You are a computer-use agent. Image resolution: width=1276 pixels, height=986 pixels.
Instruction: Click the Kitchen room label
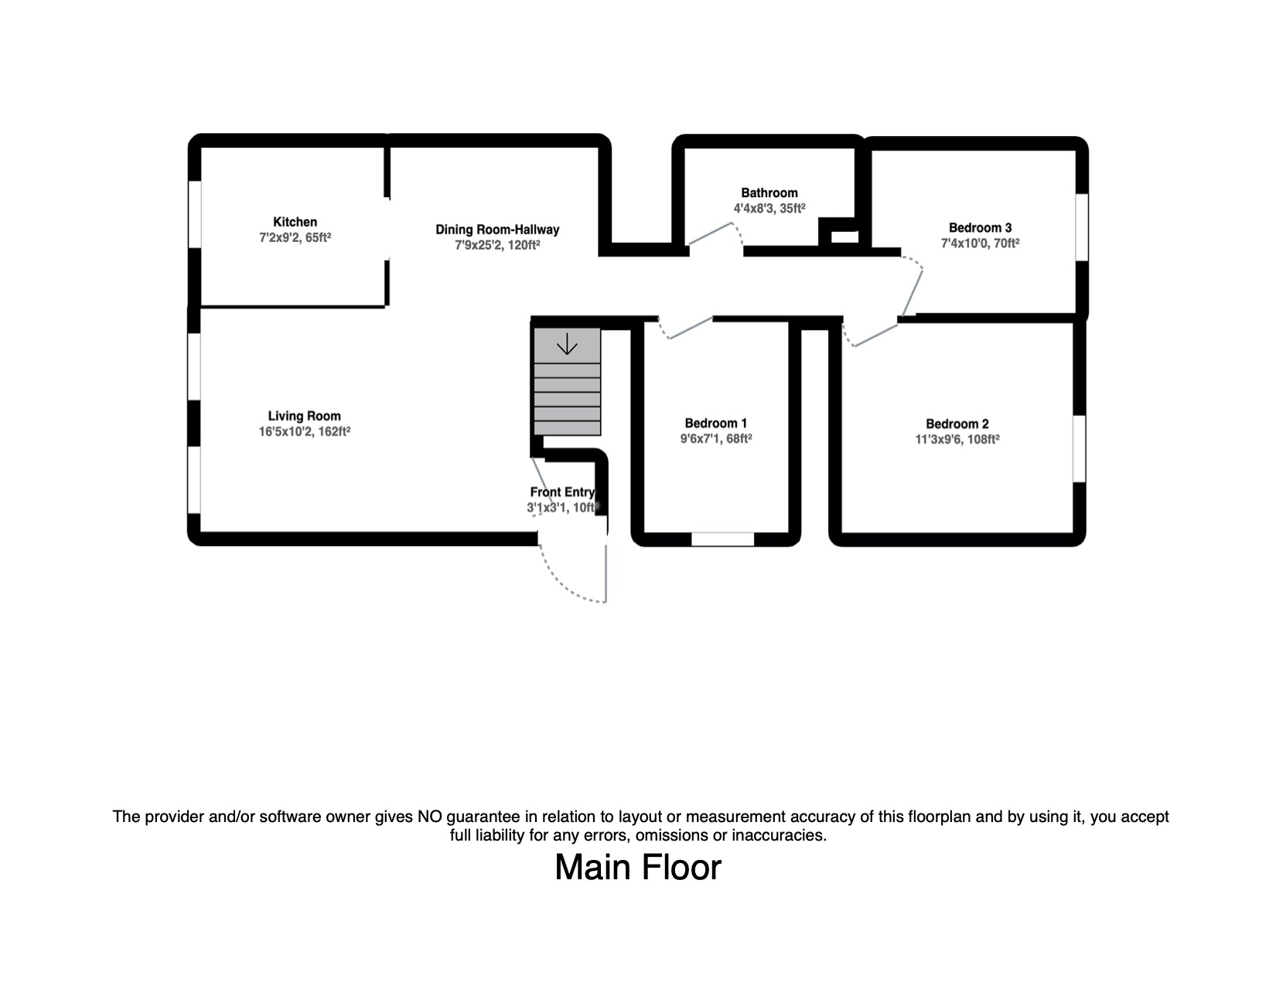click(295, 222)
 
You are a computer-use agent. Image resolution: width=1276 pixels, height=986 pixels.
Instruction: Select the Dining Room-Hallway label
click(497, 230)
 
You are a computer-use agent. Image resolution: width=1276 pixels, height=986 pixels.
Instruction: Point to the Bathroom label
click(769, 193)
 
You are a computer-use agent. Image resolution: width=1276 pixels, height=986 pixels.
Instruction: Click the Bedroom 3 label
click(980, 228)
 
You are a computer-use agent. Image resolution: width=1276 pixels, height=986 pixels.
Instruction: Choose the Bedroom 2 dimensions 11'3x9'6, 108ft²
click(957, 439)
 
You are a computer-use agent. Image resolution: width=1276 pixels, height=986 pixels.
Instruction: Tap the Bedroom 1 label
click(716, 424)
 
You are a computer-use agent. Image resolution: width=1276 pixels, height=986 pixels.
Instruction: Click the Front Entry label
click(562, 492)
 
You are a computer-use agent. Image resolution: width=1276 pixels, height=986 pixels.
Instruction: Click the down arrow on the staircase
click(567, 344)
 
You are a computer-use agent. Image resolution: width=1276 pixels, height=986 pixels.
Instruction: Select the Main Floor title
click(638, 868)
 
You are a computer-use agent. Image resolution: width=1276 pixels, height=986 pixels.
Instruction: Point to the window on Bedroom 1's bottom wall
click(722, 539)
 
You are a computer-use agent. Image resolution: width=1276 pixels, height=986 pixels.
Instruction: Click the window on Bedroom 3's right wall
click(1082, 227)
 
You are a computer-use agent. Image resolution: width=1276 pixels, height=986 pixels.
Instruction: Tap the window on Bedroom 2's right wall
click(1080, 449)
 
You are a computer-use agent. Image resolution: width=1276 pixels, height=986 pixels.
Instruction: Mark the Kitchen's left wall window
click(194, 214)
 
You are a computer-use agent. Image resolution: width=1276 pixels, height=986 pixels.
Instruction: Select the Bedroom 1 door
click(685, 329)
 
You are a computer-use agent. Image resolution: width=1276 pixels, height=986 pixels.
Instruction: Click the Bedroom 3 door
click(911, 286)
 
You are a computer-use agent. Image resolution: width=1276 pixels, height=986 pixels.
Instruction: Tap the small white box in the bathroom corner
click(844, 237)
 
